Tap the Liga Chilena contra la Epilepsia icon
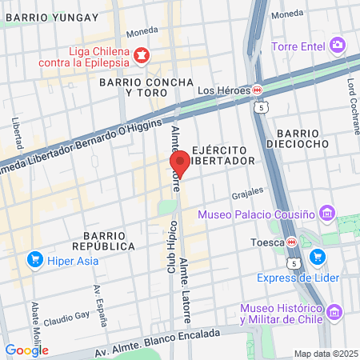[141, 54]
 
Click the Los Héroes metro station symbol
[258, 90]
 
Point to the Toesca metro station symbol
[293, 242]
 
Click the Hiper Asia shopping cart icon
[34, 259]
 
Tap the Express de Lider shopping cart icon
[318, 257]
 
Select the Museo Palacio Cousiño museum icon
[326, 214]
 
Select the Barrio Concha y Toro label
[146, 87]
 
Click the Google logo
[26, 350]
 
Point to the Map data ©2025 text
[326, 354]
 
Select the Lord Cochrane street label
[352, 95]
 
